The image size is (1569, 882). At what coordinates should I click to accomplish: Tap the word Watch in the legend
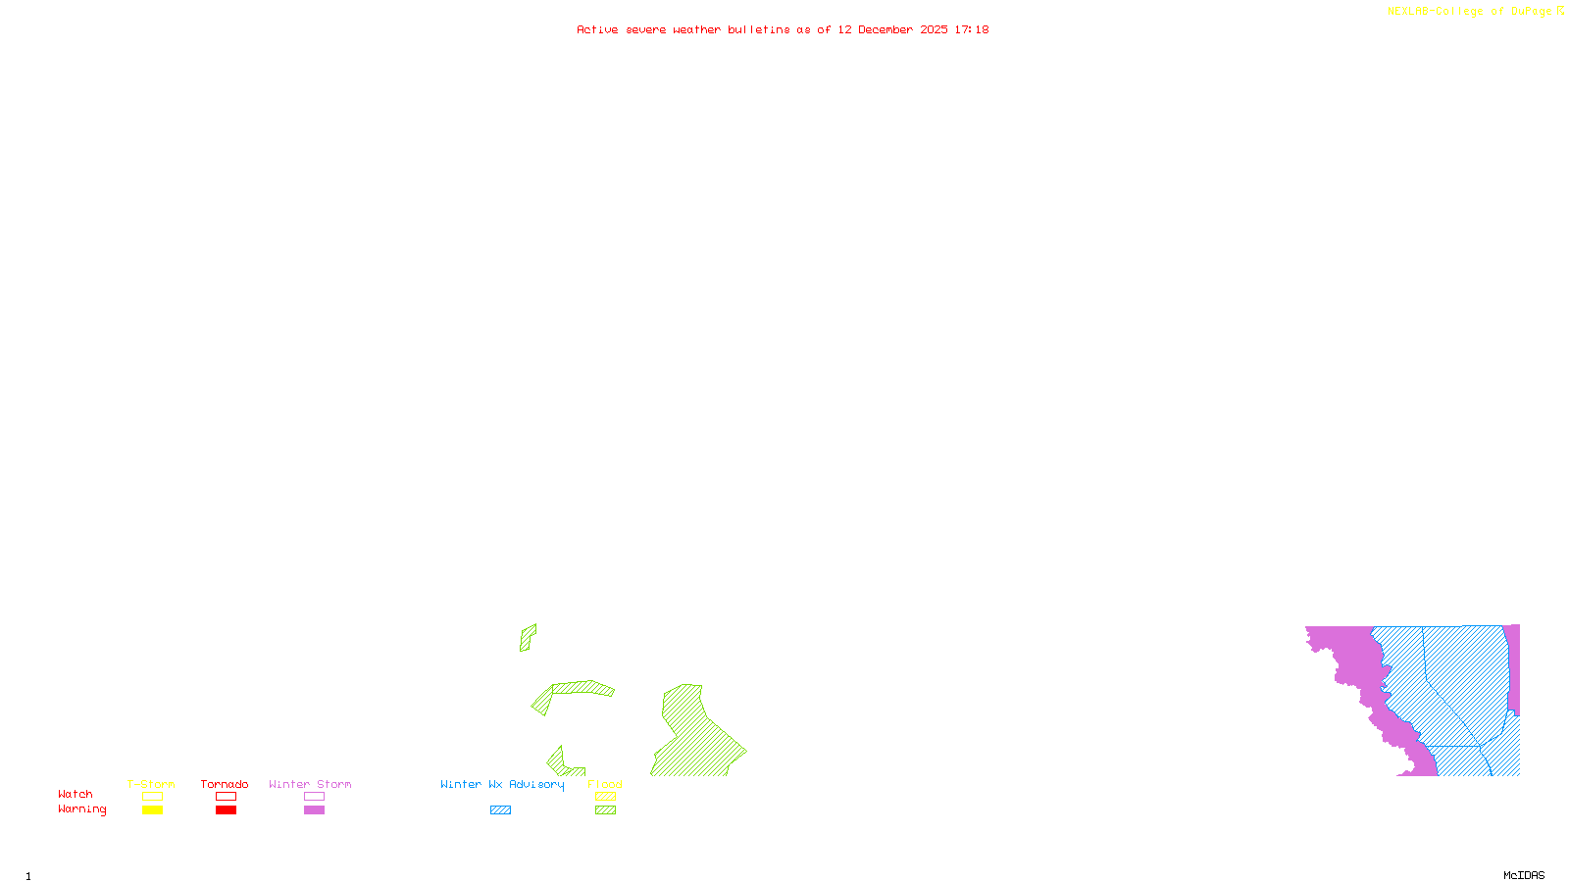(x=76, y=795)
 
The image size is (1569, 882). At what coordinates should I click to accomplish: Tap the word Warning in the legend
(x=81, y=809)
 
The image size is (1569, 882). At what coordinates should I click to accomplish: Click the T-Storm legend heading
(x=151, y=784)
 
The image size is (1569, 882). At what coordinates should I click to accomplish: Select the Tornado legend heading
(x=225, y=784)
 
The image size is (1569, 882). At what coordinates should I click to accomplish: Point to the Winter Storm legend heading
(x=310, y=784)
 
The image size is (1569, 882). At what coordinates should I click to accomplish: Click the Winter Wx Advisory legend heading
(x=502, y=784)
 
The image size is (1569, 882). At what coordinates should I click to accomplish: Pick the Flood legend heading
(x=605, y=784)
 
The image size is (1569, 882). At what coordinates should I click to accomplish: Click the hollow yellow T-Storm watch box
(x=152, y=797)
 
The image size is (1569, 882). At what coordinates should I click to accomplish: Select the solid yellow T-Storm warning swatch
(x=152, y=810)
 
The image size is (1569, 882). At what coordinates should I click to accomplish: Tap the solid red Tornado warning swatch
(x=226, y=810)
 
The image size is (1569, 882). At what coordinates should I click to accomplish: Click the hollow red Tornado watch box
(x=226, y=797)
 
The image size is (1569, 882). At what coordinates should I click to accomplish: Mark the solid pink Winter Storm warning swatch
(x=314, y=810)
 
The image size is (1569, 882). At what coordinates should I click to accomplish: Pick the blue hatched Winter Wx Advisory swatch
(x=500, y=810)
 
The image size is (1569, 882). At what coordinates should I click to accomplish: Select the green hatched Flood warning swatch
(x=606, y=810)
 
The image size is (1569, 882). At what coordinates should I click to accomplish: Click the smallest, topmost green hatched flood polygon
(x=528, y=637)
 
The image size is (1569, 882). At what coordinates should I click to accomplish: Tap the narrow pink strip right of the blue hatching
(x=1514, y=666)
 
